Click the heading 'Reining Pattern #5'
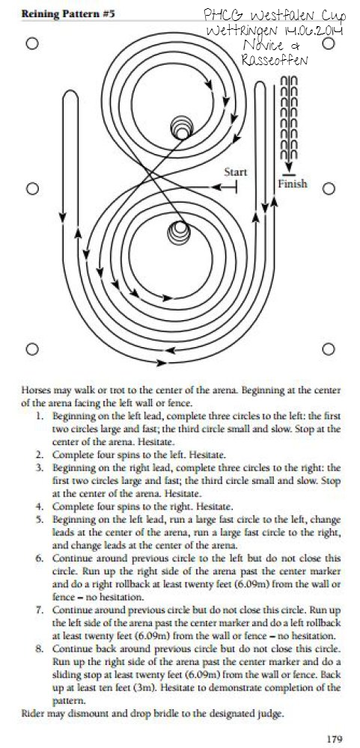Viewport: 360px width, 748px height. pos(68,13)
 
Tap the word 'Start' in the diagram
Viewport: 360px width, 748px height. pos(236,172)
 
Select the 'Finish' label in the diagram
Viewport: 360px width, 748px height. pos(293,184)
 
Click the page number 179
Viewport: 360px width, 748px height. pos(335,738)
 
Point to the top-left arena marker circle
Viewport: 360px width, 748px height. pos(31,44)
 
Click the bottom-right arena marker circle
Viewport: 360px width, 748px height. pos(329,349)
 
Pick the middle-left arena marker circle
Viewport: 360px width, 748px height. pos(31,189)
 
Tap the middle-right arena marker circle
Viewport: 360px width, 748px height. pos(329,189)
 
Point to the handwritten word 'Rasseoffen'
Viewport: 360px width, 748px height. pos(274,60)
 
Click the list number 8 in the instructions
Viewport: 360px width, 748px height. pos(40,649)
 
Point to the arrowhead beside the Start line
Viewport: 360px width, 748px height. pos(217,188)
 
